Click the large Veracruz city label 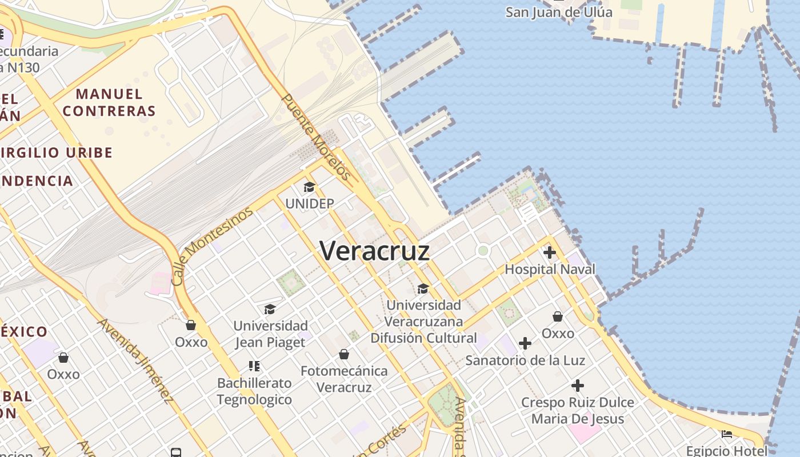[x=374, y=250]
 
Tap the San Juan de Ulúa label [x=558, y=12]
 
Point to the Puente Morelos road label [x=316, y=137]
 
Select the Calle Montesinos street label [x=212, y=246]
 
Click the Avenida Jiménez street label [x=135, y=360]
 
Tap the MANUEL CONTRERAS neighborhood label [x=109, y=102]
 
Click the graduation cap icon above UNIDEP [x=309, y=187]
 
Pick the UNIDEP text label [x=309, y=203]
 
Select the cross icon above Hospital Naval [x=550, y=252]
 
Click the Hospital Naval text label [x=550, y=269]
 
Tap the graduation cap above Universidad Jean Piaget [x=270, y=309]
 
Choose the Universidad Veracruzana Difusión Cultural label [x=423, y=322]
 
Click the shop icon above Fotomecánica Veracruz [x=344, y=355]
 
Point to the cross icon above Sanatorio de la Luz [x=525, y=343]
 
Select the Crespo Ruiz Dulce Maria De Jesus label [x=577, y=411]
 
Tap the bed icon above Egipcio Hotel [x=727, y=434]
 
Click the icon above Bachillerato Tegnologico [x=254, y=366]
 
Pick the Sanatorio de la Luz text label [x=525, y=360]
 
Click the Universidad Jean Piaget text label [x=271, y=334]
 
